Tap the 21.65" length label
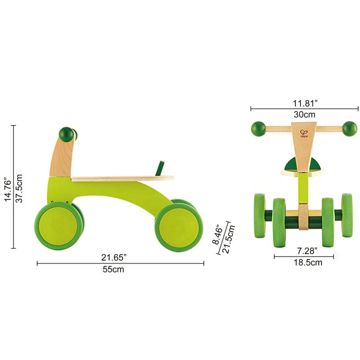(114, 257)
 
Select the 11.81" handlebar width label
(305, 102)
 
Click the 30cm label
(305, 114)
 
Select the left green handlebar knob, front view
(259, 129)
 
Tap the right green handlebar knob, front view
(350, 129)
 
